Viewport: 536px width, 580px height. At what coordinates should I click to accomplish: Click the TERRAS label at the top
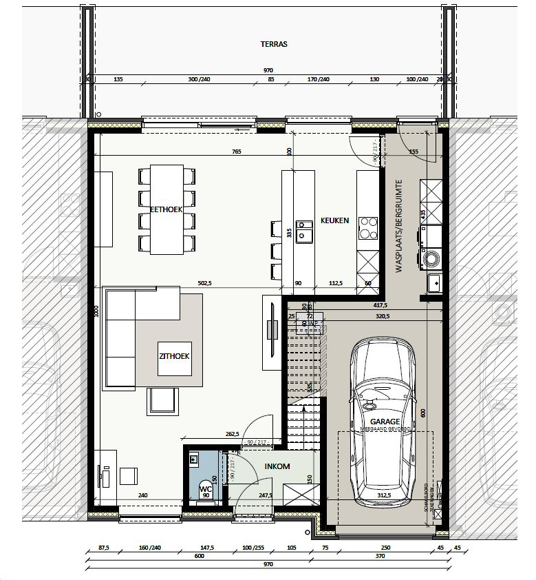point(273,43)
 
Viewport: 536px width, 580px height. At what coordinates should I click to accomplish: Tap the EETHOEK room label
point(166,209)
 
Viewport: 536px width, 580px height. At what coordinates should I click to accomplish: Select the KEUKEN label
point(335,221)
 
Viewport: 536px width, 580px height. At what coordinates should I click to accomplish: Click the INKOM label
point(277,466)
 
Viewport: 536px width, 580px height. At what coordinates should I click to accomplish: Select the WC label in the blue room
point(204,489)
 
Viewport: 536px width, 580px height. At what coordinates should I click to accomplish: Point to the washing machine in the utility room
point(432,258)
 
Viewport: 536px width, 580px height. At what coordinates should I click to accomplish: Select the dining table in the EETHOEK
point(166,209)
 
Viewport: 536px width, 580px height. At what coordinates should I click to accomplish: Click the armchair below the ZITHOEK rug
point(162,402)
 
